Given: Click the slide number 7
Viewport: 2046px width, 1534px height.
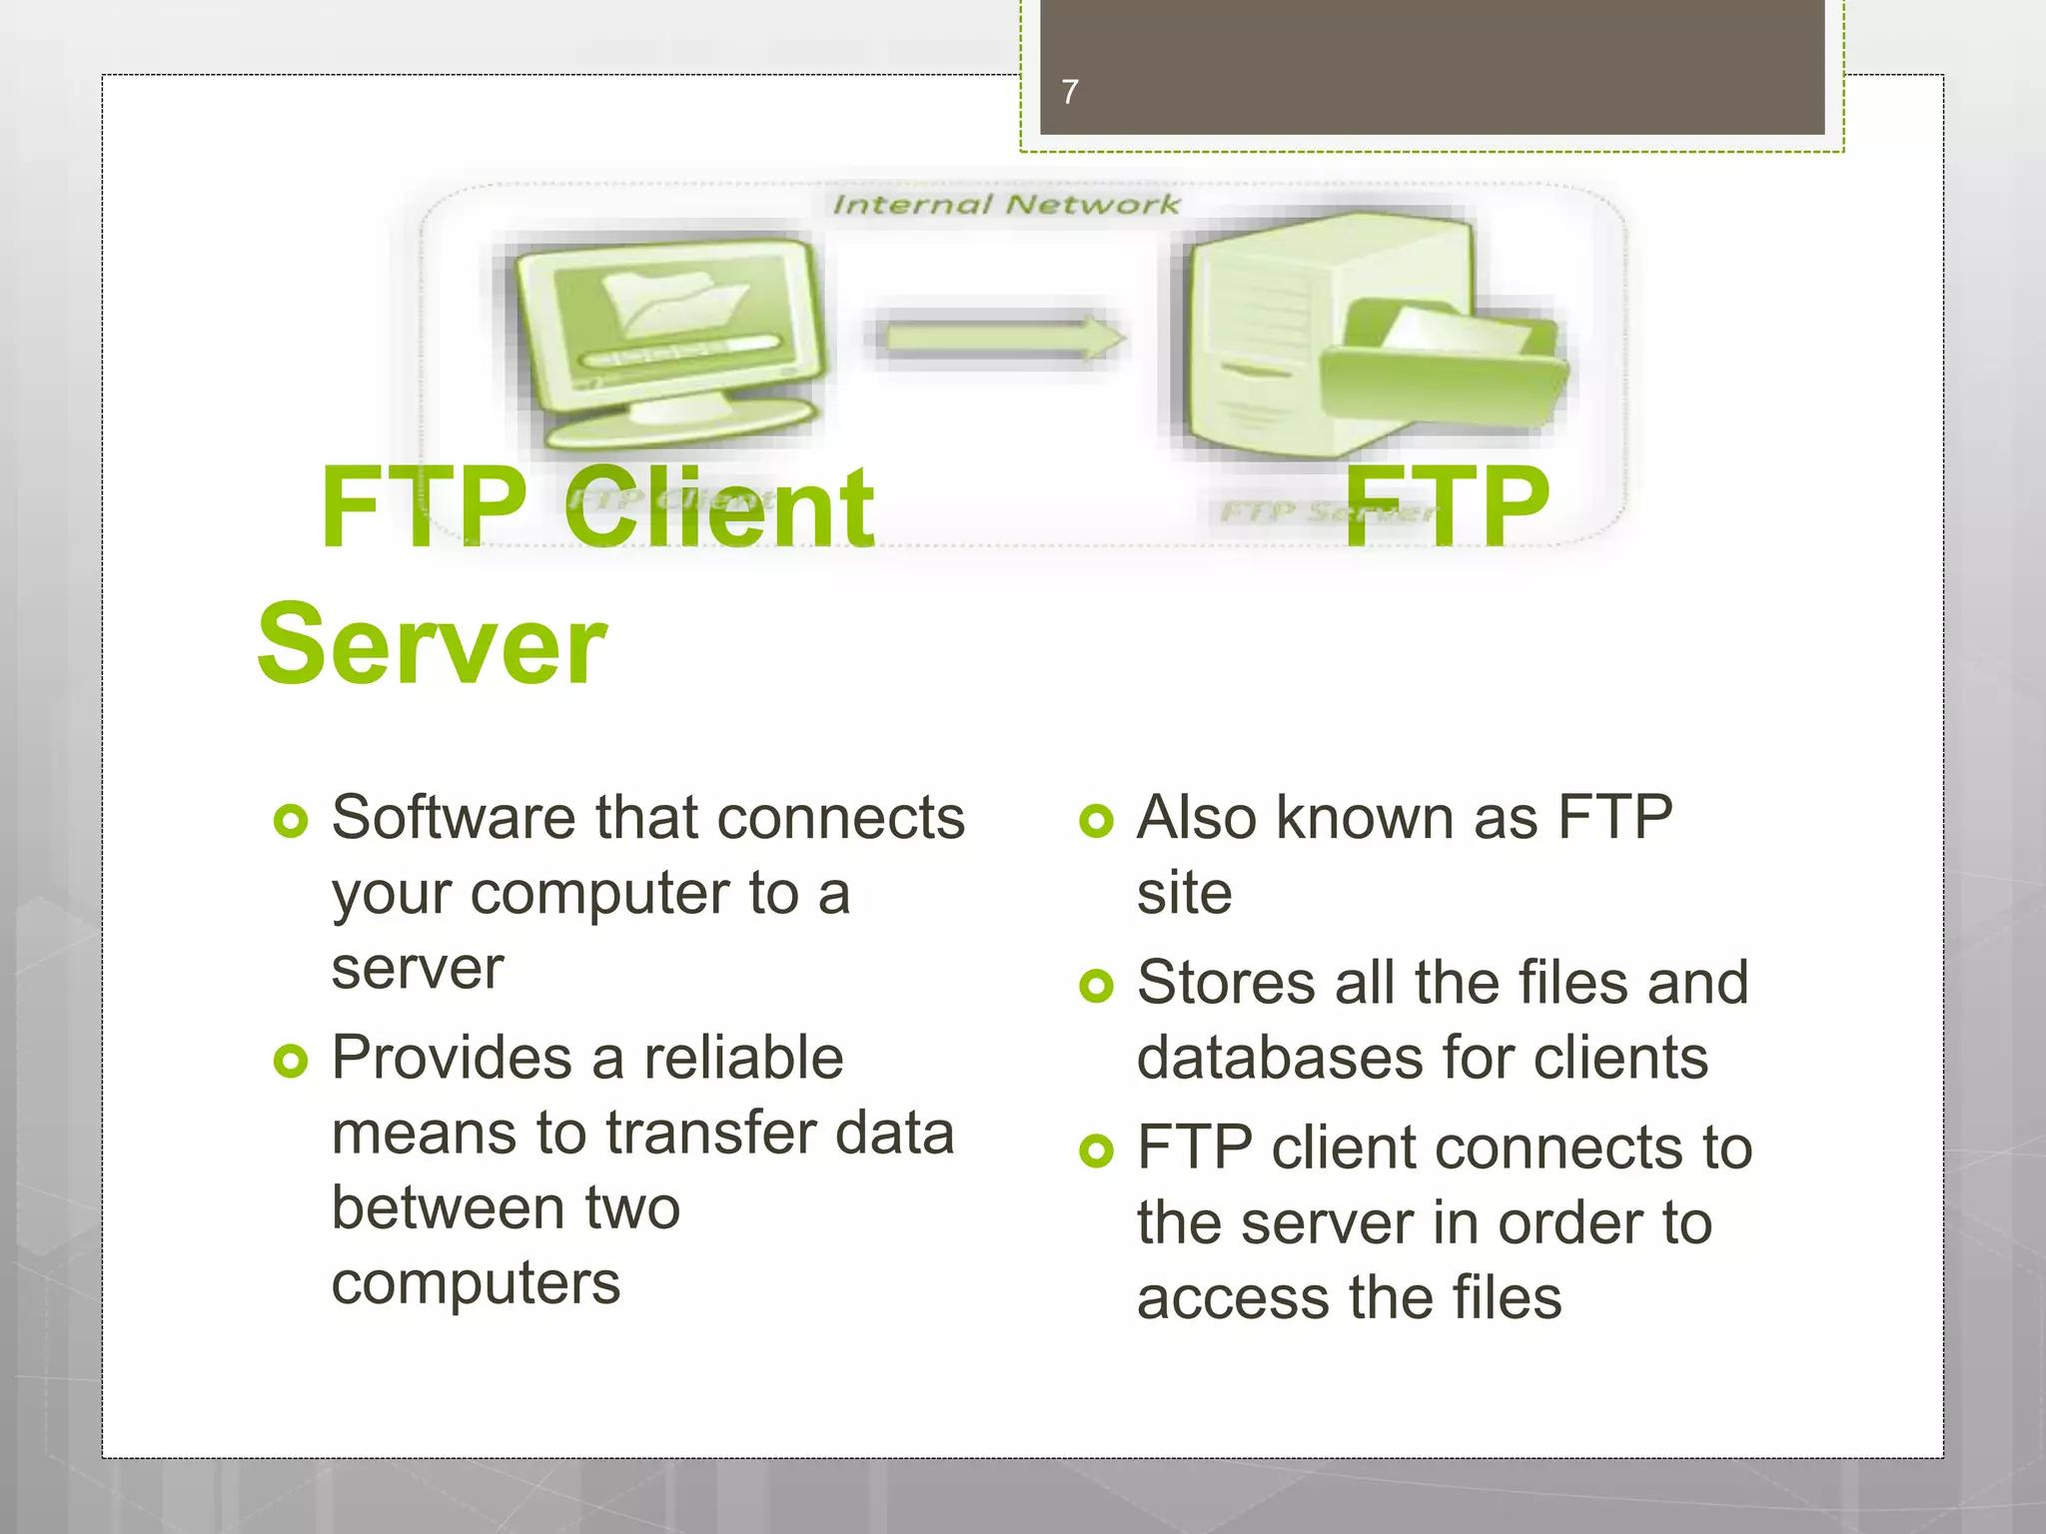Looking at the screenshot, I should (x=1070, y=92).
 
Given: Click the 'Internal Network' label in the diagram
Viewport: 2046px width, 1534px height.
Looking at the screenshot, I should (x=1005, y=205).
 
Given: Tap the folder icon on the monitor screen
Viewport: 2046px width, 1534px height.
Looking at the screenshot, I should (x=675, y=300).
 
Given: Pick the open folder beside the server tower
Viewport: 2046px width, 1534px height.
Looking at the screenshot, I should (x=1444, y=370).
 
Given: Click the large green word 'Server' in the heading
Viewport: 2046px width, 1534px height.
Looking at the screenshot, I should (x=432, y=645).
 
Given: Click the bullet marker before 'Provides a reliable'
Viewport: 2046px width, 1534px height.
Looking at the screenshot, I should (x=290, y=1061).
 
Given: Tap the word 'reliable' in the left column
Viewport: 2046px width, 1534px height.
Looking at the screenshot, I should (x=743, y=1059).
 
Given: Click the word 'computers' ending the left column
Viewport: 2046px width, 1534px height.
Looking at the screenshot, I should (x=476, y=1284).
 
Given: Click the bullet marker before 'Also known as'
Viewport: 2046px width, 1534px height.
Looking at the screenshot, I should (x=1096, y=821).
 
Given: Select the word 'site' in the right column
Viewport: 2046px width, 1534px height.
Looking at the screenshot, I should (x=1184, y=893).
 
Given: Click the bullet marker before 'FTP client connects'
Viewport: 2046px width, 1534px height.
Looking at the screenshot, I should (x=1096, y=1150).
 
